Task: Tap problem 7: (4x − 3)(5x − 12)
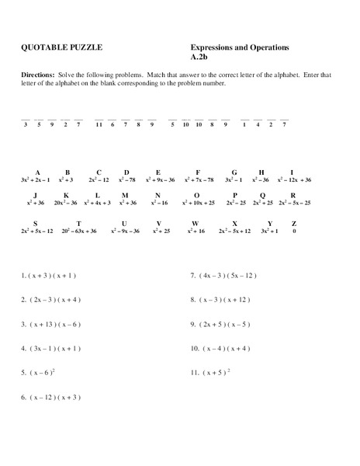click(x=223, y=275)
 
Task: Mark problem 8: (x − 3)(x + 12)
click(x=222, y=299)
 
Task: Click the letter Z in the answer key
click(x=293, y=224)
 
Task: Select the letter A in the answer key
click(x=36, y=172)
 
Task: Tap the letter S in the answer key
click(x=36, y=224)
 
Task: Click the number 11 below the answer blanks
click(x=99, y=124)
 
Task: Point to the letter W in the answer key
click(x=195, y=224)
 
